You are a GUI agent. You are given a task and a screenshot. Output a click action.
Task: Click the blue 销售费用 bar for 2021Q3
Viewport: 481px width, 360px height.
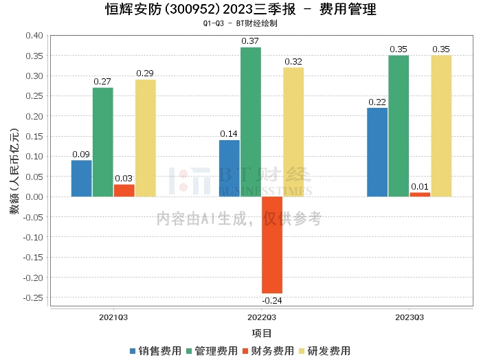point(81,179)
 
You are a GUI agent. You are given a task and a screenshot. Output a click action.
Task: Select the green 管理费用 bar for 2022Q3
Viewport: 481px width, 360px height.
point(251,122)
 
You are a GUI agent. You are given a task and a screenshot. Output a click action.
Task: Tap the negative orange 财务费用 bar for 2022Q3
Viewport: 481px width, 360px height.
point(272,245)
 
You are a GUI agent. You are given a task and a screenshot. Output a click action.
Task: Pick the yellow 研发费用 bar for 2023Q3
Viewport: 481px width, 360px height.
point(441,126)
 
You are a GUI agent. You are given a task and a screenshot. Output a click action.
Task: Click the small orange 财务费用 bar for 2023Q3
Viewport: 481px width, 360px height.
point(420,194)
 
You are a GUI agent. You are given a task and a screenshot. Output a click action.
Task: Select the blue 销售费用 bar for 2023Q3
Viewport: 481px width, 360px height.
point(377,153)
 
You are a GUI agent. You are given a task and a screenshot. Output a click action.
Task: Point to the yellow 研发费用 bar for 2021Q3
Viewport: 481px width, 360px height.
point(145,138)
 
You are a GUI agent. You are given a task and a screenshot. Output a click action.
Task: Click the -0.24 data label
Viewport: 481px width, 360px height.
point(272,300)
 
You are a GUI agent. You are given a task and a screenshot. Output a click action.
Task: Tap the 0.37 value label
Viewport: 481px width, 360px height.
point(251,41)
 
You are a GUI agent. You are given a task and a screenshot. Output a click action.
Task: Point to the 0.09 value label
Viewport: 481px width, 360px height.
point(81,155)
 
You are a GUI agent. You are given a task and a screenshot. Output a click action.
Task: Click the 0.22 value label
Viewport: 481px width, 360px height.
point(377,102)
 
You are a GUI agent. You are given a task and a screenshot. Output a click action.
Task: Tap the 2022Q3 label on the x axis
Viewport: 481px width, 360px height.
point(262,317)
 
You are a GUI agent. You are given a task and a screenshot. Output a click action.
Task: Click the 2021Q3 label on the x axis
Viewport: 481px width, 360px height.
point(113,317)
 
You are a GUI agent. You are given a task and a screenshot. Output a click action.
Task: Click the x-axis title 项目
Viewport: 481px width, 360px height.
point(262,333)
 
